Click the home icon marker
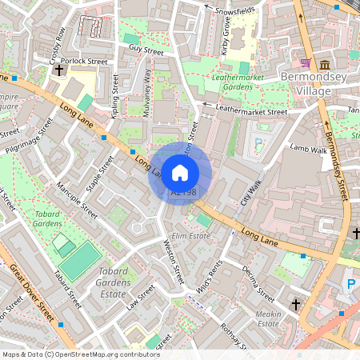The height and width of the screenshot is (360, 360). click(180, 172)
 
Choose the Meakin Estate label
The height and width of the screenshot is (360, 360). click(267, 318)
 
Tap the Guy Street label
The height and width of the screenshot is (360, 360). click(146, 50)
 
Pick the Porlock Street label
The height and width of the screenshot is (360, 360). click(86, 60)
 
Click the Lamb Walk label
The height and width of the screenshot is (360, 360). click(309, 149)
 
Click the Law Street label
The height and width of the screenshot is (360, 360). click(138, 299)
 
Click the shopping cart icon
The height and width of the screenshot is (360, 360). click(306, 62)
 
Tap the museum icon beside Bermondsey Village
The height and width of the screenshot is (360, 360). click(325, 64)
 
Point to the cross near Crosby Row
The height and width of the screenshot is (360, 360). click(59, 70)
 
